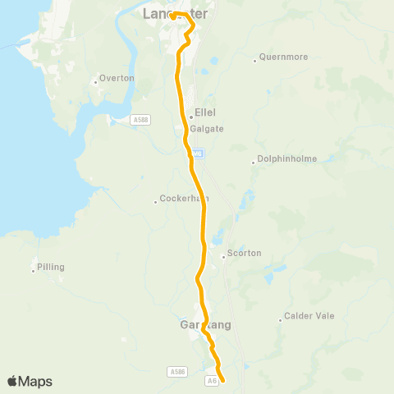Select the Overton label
[x=111, y=79]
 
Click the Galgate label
[x=207, y=129]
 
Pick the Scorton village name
[x=244, y=254]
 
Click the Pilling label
[x=51, y=268]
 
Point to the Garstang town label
[x=204, y=325]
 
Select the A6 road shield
[x=212, y=380]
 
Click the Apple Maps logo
[x=30, y=381]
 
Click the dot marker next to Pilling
[x=34, y=268]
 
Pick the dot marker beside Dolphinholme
[x=253, y=161]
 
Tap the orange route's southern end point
[x=222, y=379]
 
